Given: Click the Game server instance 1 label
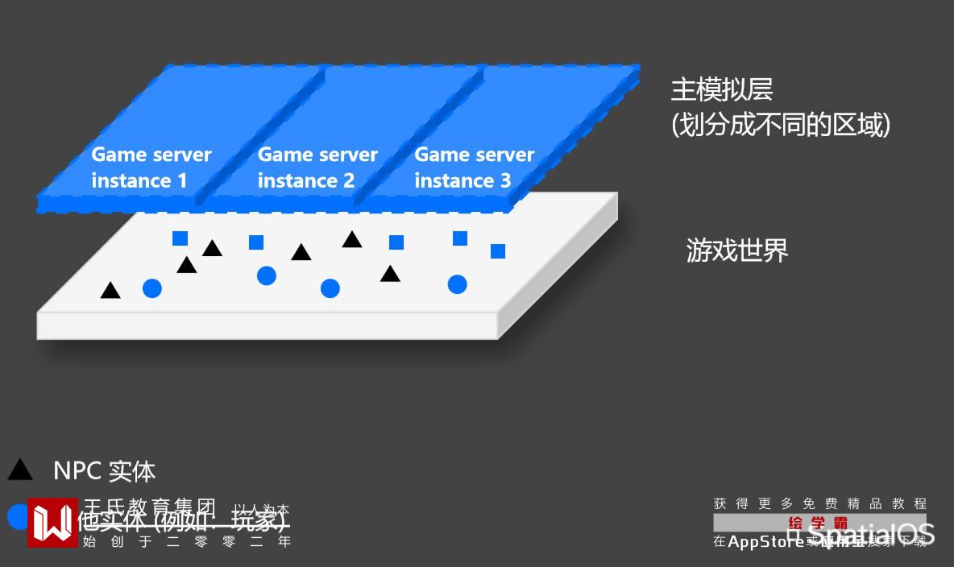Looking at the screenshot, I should [x=151, y=168].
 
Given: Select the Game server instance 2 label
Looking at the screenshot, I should [x=317, y=168].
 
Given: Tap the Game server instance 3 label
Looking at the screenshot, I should [x=474, y=168].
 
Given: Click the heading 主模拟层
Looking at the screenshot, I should [x=722, y=89].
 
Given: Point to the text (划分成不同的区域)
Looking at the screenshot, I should [x=780, y=125].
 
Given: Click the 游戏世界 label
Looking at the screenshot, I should [x=736, y=250].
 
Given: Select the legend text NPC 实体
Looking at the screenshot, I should [x=104, y=471].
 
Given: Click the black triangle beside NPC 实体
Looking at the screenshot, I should [x=20, y=470].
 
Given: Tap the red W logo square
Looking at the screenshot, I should [x=52, y=522].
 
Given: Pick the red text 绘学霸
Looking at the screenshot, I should [x=818, y=523].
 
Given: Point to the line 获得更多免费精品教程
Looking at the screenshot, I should [x=819, y=504].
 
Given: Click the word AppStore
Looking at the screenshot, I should [x=765, y=542].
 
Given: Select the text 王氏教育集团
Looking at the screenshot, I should [x=150, y=507].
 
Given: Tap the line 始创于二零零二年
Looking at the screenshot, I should [x=186, y=541].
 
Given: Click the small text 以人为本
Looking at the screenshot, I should [x=262, y=509].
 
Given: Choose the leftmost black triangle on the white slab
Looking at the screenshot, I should [x=110, y=290].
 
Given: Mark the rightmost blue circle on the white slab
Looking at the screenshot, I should [x=457, y=284].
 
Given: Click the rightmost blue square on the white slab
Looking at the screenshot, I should [x=498, y=251].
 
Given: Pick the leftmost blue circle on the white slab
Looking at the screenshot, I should [x=151, y=288].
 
